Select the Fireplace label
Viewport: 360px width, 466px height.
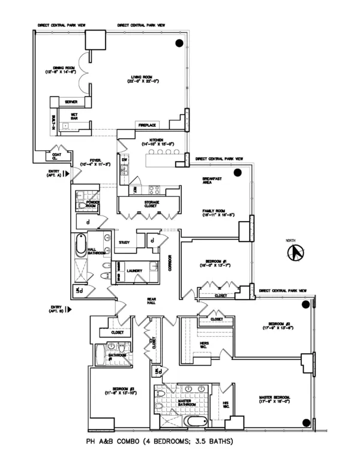pyautogui.click(x=148, y=125)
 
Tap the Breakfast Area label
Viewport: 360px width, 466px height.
pyautogui.click(x=214, y=181)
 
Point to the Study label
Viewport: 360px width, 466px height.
pyautogui.click(x=125, y=242)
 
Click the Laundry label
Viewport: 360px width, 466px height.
pyautogui.click(x=134, y=271)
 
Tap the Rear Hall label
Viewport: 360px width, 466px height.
pyautogui.click(x=152, y=303)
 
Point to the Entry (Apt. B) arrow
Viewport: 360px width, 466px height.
pyautogui.click(x=70, y=310)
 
